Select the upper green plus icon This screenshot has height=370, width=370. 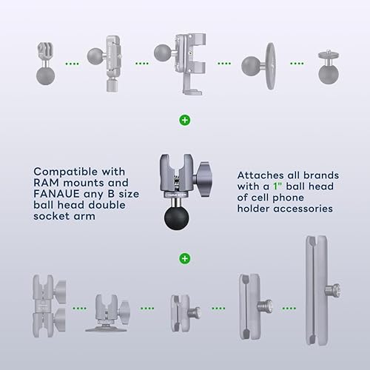[184, 119]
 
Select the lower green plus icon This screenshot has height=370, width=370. [184, 258]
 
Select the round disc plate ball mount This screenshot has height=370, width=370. [258, 62]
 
